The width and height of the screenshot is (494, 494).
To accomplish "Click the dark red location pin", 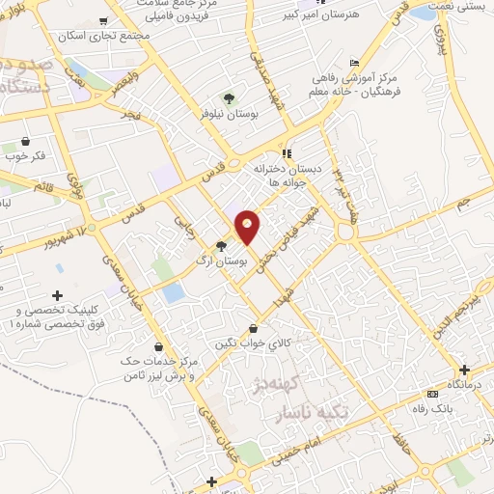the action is (248, 227).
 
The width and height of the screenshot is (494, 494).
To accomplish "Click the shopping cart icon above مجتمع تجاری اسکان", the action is (102, 21).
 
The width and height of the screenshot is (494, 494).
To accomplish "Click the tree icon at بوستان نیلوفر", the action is (229, 98).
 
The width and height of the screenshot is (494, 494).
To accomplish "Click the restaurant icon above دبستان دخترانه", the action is (286, 152).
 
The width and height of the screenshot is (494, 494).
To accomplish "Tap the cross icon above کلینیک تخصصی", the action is (57, 294).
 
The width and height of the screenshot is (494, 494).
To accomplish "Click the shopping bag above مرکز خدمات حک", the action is (159, 347).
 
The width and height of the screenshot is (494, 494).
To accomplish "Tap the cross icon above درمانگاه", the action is (464, 369).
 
